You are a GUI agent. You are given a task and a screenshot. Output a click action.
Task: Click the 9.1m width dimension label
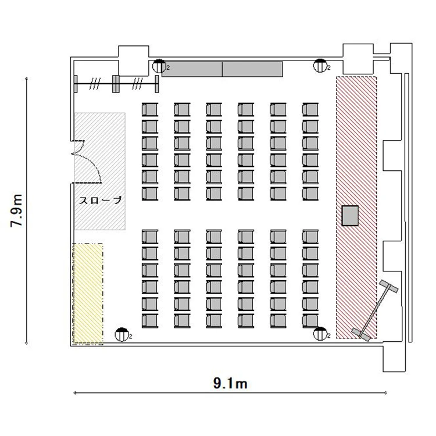(230, 384)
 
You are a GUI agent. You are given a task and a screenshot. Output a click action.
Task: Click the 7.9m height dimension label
(16, 210)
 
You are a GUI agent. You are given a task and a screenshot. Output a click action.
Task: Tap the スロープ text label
(101, 200)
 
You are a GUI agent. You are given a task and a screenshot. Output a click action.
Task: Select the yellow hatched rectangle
(88, 294)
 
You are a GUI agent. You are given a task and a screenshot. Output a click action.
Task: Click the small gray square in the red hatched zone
(350, 216)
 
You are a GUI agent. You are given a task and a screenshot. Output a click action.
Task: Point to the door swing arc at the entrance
(93, 164)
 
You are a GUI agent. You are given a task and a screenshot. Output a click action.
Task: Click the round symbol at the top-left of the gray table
(159, 66)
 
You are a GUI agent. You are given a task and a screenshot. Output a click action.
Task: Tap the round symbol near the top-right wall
(320, 66)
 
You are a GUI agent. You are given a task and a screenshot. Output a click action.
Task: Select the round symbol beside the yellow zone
(121, 334)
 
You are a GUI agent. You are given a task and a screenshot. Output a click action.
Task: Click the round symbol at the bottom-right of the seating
(320, 334)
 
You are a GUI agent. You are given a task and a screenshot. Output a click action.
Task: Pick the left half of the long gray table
(192, 69)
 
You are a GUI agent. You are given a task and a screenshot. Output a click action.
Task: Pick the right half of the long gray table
(252, 69)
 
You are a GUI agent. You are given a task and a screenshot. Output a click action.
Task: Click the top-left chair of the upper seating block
(150, 109)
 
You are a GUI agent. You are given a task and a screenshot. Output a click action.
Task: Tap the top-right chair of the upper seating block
(310, 109)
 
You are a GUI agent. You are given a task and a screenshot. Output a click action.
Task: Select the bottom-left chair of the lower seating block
(150, 321)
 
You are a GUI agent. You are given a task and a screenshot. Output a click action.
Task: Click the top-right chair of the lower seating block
(310, 237)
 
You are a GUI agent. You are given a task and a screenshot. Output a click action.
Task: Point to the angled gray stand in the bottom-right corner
(375, 310)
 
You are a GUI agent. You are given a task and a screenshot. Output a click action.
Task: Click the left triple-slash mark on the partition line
(94, 84)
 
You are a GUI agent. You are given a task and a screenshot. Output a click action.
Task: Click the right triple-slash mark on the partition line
(137, 84)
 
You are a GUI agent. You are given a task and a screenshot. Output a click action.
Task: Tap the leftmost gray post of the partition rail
(76, 84)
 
